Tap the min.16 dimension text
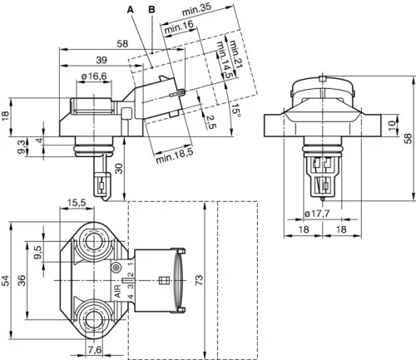tap(178, 27)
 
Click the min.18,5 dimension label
tap(174, 155)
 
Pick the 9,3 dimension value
tap(22, 145)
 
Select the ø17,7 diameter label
tap(317, 214)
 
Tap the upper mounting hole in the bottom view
tap(90, 244)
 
